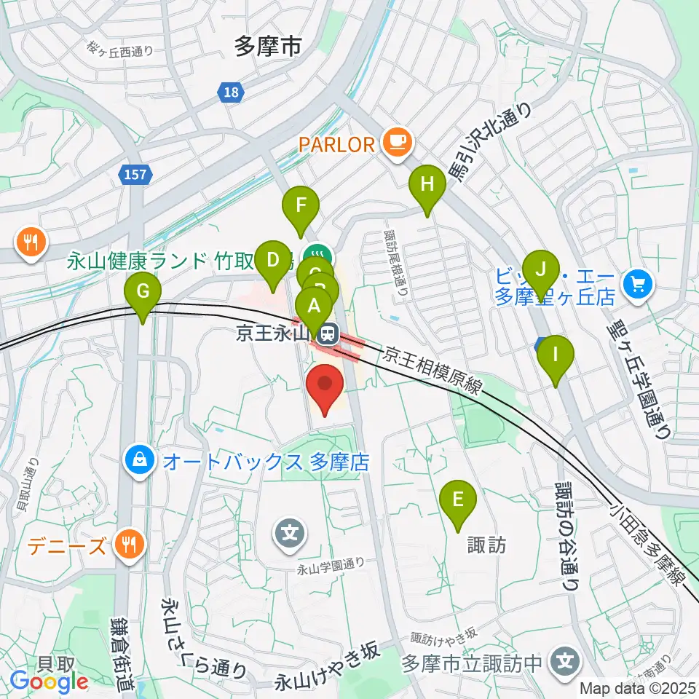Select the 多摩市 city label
pyautogui.click(x=268, y=47)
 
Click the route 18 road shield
pyautogui.click(x=231, y=92)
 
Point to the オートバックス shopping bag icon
pyautogui.click(x=138, y=460)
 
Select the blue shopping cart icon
pyautogui.click(x=639, y=280)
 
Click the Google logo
pyautogui.click(x=49, y=681)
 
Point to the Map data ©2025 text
pyautogui.click(x=637, y=687)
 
